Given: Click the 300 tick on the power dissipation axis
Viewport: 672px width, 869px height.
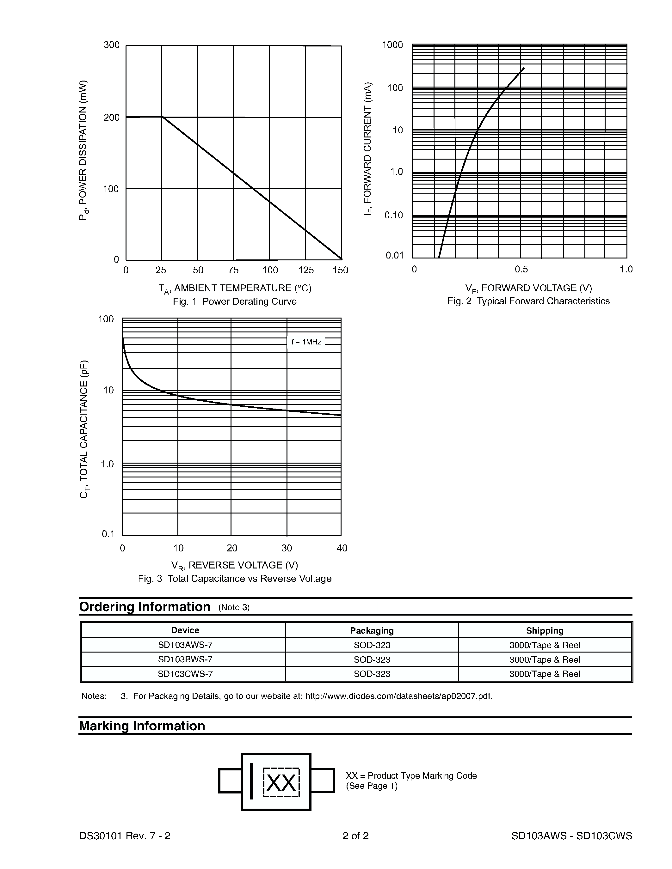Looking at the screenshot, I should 111,45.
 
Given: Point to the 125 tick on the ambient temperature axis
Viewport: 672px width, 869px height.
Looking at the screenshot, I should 306,270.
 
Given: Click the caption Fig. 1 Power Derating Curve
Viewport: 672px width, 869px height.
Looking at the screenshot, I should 234,301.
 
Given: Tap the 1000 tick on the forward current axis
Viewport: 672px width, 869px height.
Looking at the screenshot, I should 392,45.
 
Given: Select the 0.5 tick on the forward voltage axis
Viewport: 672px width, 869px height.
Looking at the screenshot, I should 521,269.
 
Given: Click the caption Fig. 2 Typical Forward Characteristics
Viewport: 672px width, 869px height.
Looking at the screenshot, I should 528,301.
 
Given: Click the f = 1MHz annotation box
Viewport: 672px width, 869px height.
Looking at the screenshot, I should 306,342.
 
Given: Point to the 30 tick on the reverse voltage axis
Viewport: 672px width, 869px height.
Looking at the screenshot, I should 287,548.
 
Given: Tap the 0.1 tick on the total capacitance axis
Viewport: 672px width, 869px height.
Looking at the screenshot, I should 108,534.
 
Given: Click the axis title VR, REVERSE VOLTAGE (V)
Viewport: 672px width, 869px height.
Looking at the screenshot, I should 234,565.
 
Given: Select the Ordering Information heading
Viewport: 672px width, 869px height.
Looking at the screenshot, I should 145,607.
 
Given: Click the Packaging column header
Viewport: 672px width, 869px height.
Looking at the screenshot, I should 372,630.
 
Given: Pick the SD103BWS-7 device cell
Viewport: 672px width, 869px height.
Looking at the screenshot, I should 185,659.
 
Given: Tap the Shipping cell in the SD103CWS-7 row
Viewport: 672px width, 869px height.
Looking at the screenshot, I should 544,674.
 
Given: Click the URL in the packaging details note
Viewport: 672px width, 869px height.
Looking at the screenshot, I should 398,696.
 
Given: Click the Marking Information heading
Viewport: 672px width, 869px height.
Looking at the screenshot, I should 142,726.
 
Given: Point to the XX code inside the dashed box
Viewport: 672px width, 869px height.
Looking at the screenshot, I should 281,783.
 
